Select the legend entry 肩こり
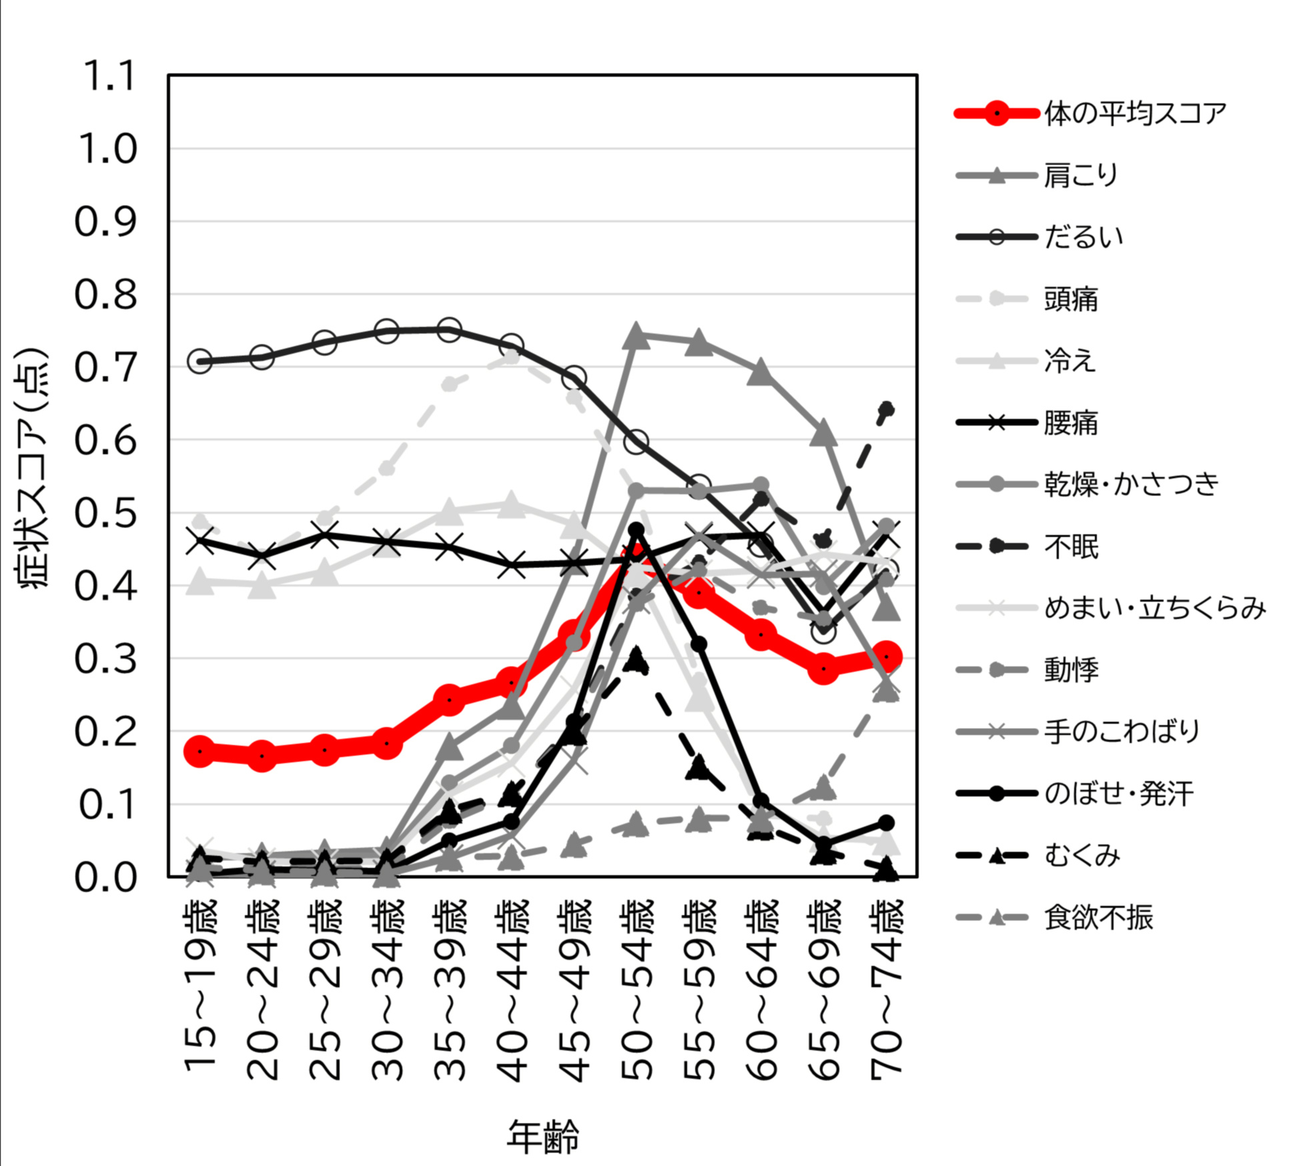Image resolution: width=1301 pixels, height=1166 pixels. click(1081, 175)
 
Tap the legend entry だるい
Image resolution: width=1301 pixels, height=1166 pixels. click(1083, 237)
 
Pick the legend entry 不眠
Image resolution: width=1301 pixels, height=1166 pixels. click(1071, 546)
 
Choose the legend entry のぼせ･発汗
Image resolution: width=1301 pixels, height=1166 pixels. click(1119, 794)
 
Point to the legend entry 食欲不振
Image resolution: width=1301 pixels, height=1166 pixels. click(1098, 918)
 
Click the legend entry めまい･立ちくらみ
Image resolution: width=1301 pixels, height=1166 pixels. click(1154, 608)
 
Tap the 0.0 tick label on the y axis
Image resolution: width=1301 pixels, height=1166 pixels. click(107, 877)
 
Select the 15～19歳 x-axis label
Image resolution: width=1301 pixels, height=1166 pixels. click(200, 987)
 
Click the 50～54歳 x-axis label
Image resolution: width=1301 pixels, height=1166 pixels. click(637, 987)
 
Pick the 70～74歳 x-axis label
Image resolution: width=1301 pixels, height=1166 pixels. click(887, 987)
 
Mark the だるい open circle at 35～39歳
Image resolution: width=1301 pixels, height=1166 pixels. click(449, 330)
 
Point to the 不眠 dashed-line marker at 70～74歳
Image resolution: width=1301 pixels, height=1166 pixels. click(887, 409)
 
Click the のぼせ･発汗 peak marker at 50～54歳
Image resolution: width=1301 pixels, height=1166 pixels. click(636, 530)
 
